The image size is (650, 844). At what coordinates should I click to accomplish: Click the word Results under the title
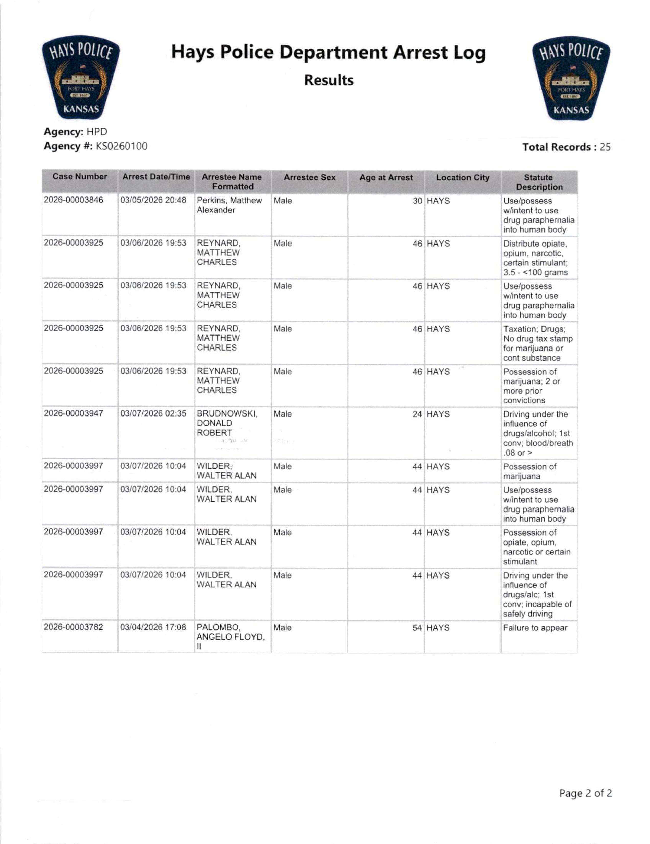[x=329, y=80]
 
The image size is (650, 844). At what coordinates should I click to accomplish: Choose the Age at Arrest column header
[x=386, y=178]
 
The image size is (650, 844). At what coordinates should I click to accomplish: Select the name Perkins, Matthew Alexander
[x=229, y=205]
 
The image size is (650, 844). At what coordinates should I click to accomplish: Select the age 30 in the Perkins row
[x=417, y=201]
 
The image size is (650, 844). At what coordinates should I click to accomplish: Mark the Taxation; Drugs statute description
[x=538, y=343]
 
